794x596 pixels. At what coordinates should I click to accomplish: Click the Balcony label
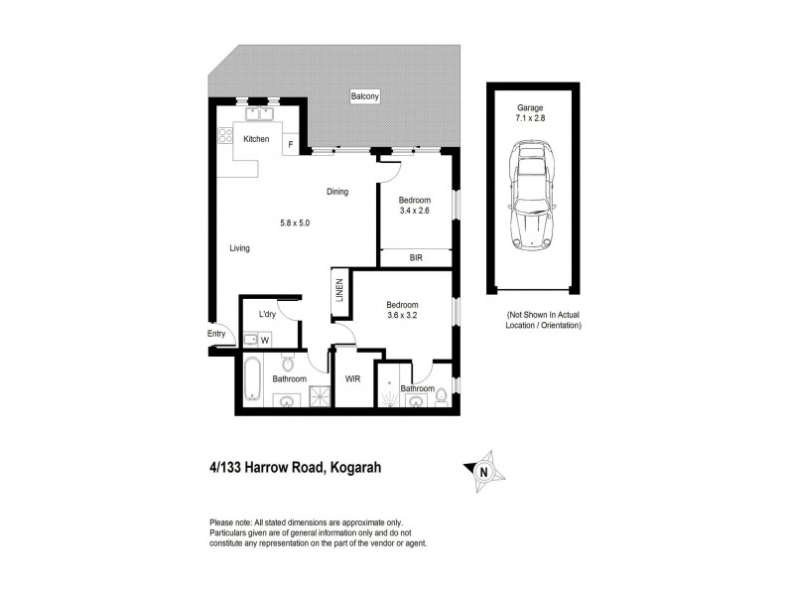365,96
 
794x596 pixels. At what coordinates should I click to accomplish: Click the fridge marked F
290,145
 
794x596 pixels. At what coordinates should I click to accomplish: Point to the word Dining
337,192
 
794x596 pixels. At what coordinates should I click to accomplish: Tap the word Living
239,248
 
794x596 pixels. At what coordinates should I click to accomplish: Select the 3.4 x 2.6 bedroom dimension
416,211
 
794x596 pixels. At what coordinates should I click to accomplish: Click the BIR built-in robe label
416,256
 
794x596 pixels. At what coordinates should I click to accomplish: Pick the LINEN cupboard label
339,289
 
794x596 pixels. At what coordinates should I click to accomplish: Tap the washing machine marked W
264,339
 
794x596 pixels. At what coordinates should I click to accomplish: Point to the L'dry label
266,315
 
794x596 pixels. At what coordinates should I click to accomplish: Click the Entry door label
216,334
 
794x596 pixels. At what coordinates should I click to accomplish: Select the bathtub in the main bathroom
251,381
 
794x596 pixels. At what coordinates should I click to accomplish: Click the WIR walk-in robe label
352,379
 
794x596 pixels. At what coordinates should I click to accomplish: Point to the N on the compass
483,470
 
